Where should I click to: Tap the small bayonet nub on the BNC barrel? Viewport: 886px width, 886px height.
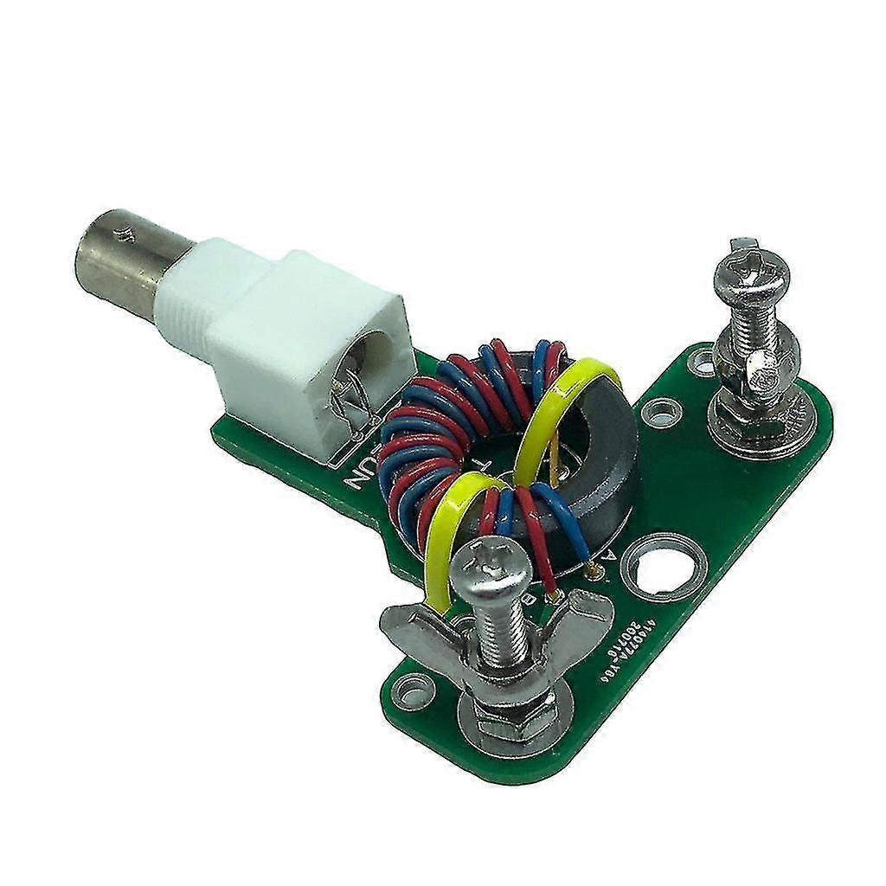[x=128, y=232]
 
